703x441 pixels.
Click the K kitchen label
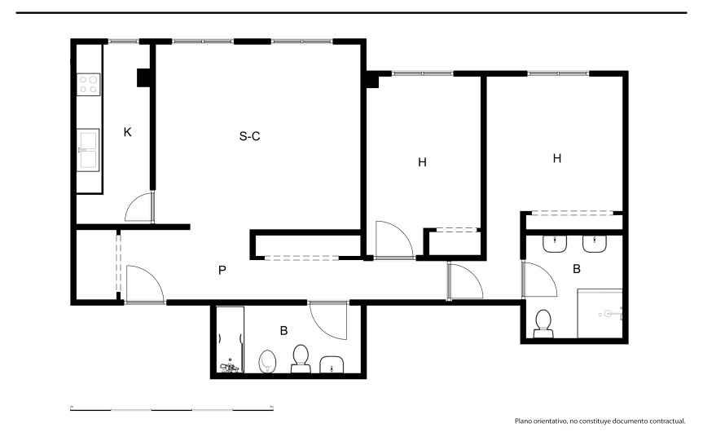(x=127, y=132)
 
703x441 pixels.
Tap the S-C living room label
(x=250, y=136)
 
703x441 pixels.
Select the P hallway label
(x=222, y=271)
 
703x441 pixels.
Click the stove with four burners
(x=88, y=84)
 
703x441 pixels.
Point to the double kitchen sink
(x=88, y=150)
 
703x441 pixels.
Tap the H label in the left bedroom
(x=422, y=162)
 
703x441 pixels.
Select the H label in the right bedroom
(x=557, y=158)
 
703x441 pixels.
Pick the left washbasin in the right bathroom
(x=556, y=244)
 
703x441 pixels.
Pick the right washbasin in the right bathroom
(x=595, y=244)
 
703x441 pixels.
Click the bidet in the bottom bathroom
(x=268, y=362)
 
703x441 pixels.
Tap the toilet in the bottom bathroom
(x=301, y=359)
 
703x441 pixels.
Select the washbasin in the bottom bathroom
(x=332, y=364)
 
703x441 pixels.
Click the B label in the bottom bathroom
(x=283, y=331)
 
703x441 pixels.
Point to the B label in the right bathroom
(x=577, y=269)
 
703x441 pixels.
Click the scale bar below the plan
(x=172, y=408)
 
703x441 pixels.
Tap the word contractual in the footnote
(x=668, y=421)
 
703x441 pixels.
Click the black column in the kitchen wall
(x=143, y=77)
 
